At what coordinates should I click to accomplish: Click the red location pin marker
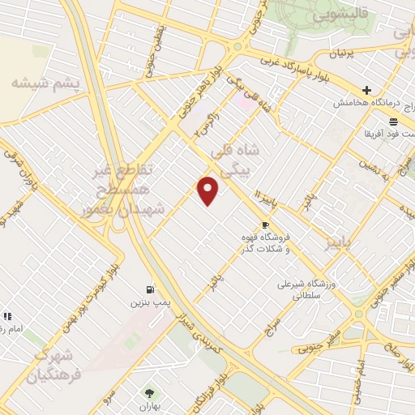tap(208, 190)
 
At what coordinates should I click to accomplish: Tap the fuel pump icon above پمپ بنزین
tap(149, 289)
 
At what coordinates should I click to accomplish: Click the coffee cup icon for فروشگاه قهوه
tap(265, 225)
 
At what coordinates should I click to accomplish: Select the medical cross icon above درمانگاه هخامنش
tap(367, 90)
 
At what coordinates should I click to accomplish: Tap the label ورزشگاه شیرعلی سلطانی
tap(306, 290)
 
